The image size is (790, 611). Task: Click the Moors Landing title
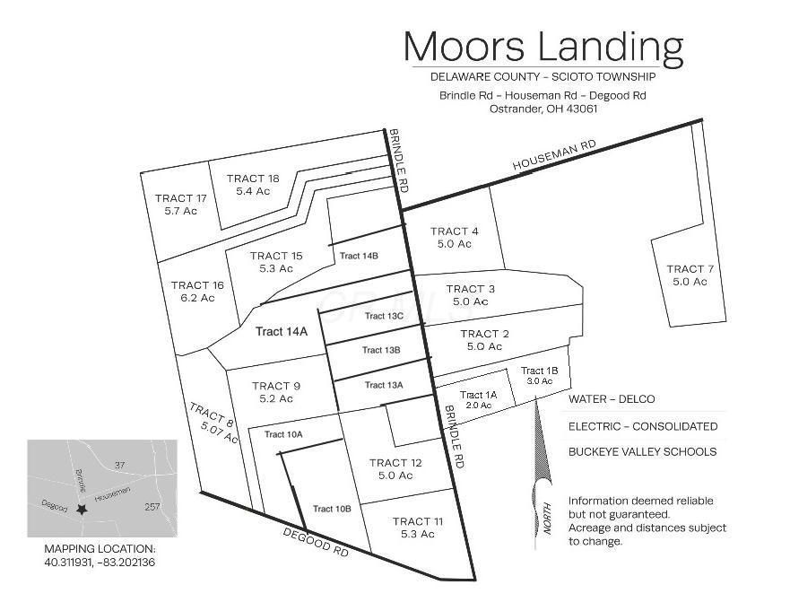[543, 46]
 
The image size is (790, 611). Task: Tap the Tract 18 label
[253, 184]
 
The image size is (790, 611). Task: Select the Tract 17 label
[180, 204]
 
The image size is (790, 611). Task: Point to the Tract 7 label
[690, 275]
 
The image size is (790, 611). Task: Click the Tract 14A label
[282, 331]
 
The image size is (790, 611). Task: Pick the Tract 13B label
[381, 350]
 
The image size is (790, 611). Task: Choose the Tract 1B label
[540, 375]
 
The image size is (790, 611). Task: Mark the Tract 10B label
[332, 509]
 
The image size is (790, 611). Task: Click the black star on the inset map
[82, 509]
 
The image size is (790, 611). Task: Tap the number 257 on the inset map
[153, 507]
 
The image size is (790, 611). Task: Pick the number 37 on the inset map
[121, 464]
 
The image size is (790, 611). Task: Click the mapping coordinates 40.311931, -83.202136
[100, 563]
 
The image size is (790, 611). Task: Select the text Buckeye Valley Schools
[642, 451]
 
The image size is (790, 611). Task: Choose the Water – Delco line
[612, 399]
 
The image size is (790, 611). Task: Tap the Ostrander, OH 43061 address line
[543, 109]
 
